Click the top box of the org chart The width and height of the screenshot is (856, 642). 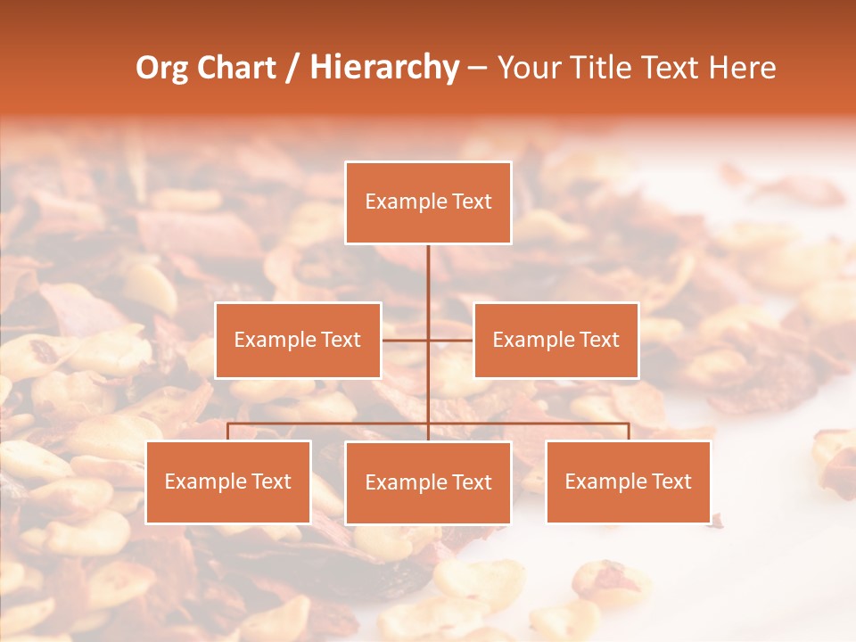(x=428, y=202)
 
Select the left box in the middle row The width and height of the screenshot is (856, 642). (x=298, y=340)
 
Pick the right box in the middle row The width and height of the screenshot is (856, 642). (x=556, y=340)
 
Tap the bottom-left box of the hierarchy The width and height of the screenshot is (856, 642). (x=228, y=481)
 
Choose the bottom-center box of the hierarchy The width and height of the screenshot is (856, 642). (x=428, y=482)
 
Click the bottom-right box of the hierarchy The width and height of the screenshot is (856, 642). (x=628, y=481)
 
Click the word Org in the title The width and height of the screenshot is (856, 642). (x=161, y=68)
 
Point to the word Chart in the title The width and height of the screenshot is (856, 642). (x=236, y=68)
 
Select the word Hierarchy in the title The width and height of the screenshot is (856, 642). (x=384, y=68)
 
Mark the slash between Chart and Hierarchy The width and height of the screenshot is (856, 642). (x=292, y=68)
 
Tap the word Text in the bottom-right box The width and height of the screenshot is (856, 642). (x=671, y=481)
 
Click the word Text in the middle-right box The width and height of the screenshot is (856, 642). (x=599, y=340)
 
